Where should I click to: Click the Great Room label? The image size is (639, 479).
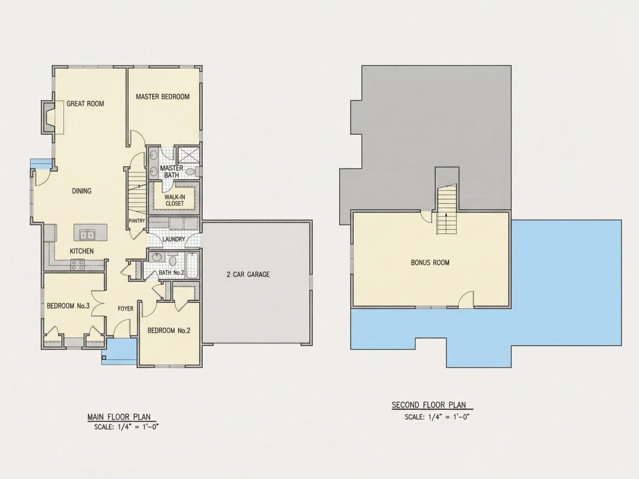(85, 104)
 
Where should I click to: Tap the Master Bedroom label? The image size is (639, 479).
(163, 97)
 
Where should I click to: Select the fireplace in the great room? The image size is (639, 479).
(48, 117)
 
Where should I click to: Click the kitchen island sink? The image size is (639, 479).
(87, 235)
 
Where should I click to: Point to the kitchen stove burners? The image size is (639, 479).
(77, 265)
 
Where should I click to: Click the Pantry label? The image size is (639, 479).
(137, 221)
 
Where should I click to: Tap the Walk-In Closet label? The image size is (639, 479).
(174, 200)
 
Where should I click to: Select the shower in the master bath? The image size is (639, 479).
(188, 155)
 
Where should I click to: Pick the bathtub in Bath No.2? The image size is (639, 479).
(192, 265)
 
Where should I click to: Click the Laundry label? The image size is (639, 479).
(174, 239)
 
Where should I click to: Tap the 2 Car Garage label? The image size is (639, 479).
(248, 275)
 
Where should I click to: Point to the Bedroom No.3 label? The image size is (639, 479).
(68, 306)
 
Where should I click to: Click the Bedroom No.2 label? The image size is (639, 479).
(168, 331)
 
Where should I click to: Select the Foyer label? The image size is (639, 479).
(125, 309)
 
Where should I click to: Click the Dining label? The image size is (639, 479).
(81, 191)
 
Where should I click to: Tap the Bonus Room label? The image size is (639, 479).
(430, 262)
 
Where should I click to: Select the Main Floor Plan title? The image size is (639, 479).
(119, 417)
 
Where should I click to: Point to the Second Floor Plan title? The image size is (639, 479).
(429, 405)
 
